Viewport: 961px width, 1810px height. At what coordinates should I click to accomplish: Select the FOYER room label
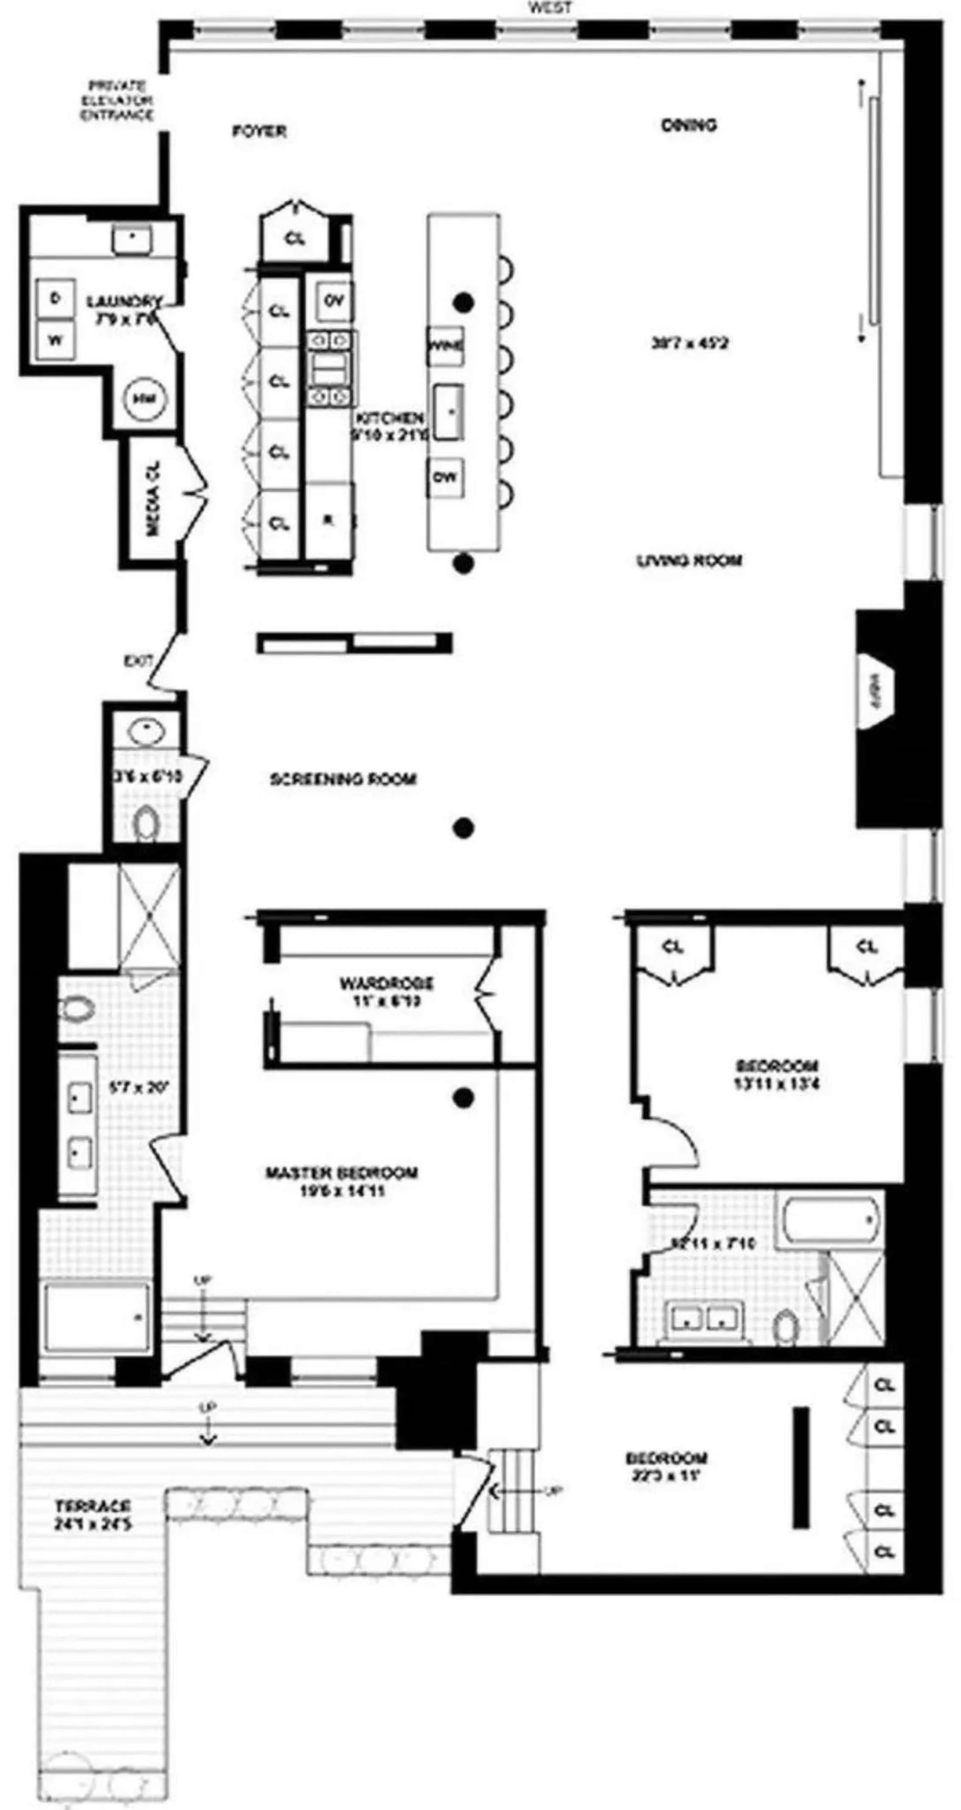(x=259, y=131)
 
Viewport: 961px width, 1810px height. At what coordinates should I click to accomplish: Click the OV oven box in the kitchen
(x=334, y=301)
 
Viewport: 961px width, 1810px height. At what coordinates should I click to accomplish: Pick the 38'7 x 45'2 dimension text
(x=690, y=344)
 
